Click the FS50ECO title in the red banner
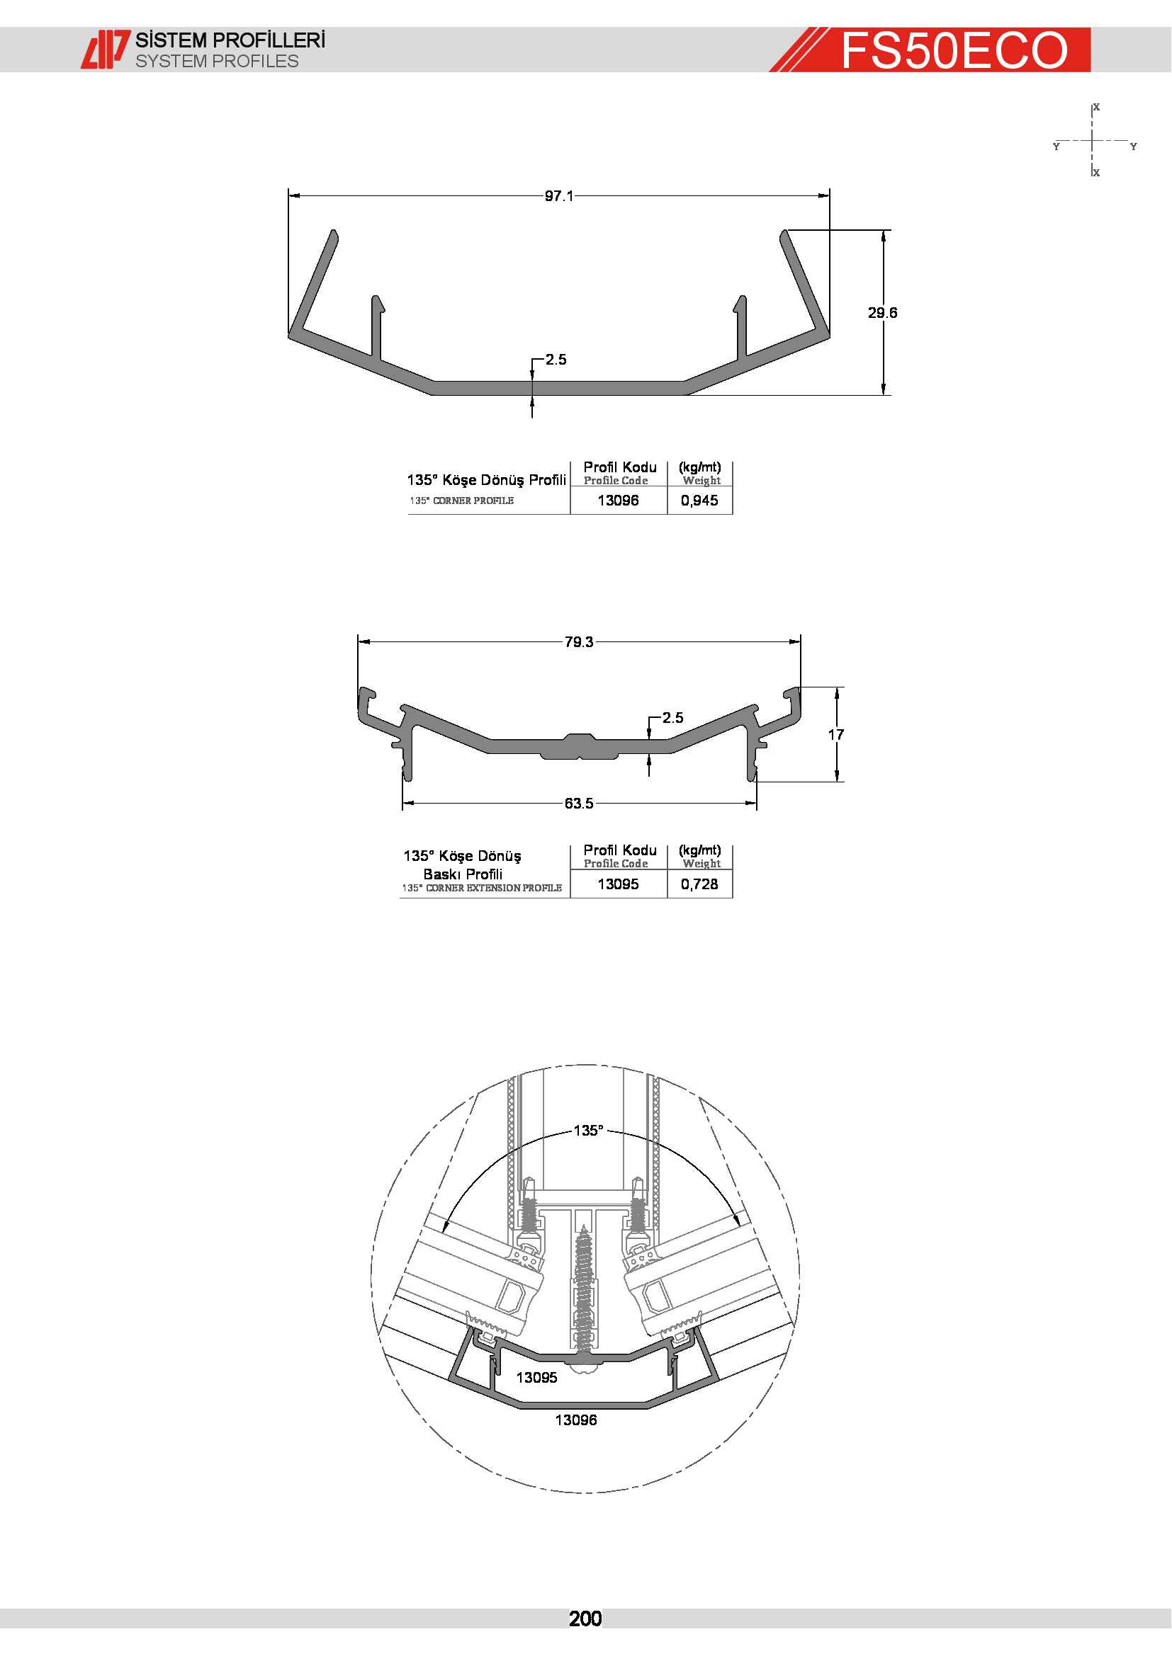click(954, 50)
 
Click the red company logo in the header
click(106, 49)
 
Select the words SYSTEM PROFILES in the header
click(218, 62)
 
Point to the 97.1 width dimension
click(559, 196)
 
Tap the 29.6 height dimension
click(883, 312)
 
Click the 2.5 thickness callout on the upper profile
click(556, 359)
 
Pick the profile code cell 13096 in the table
click(619, 501)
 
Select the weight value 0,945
click(699, 501)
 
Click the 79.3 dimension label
click(579, 642)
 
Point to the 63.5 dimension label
click(579, 804)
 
